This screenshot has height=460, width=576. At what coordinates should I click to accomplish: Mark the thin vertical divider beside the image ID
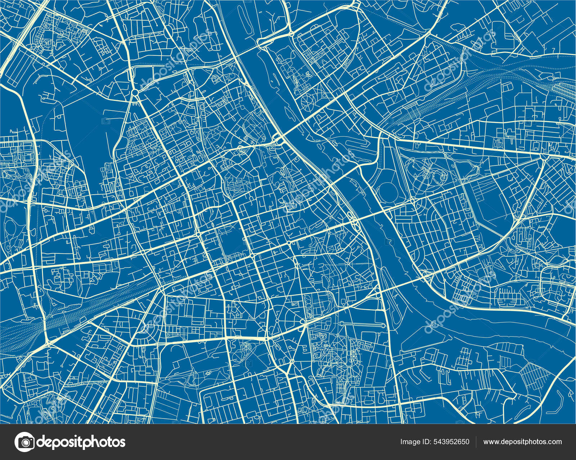point(476,442)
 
